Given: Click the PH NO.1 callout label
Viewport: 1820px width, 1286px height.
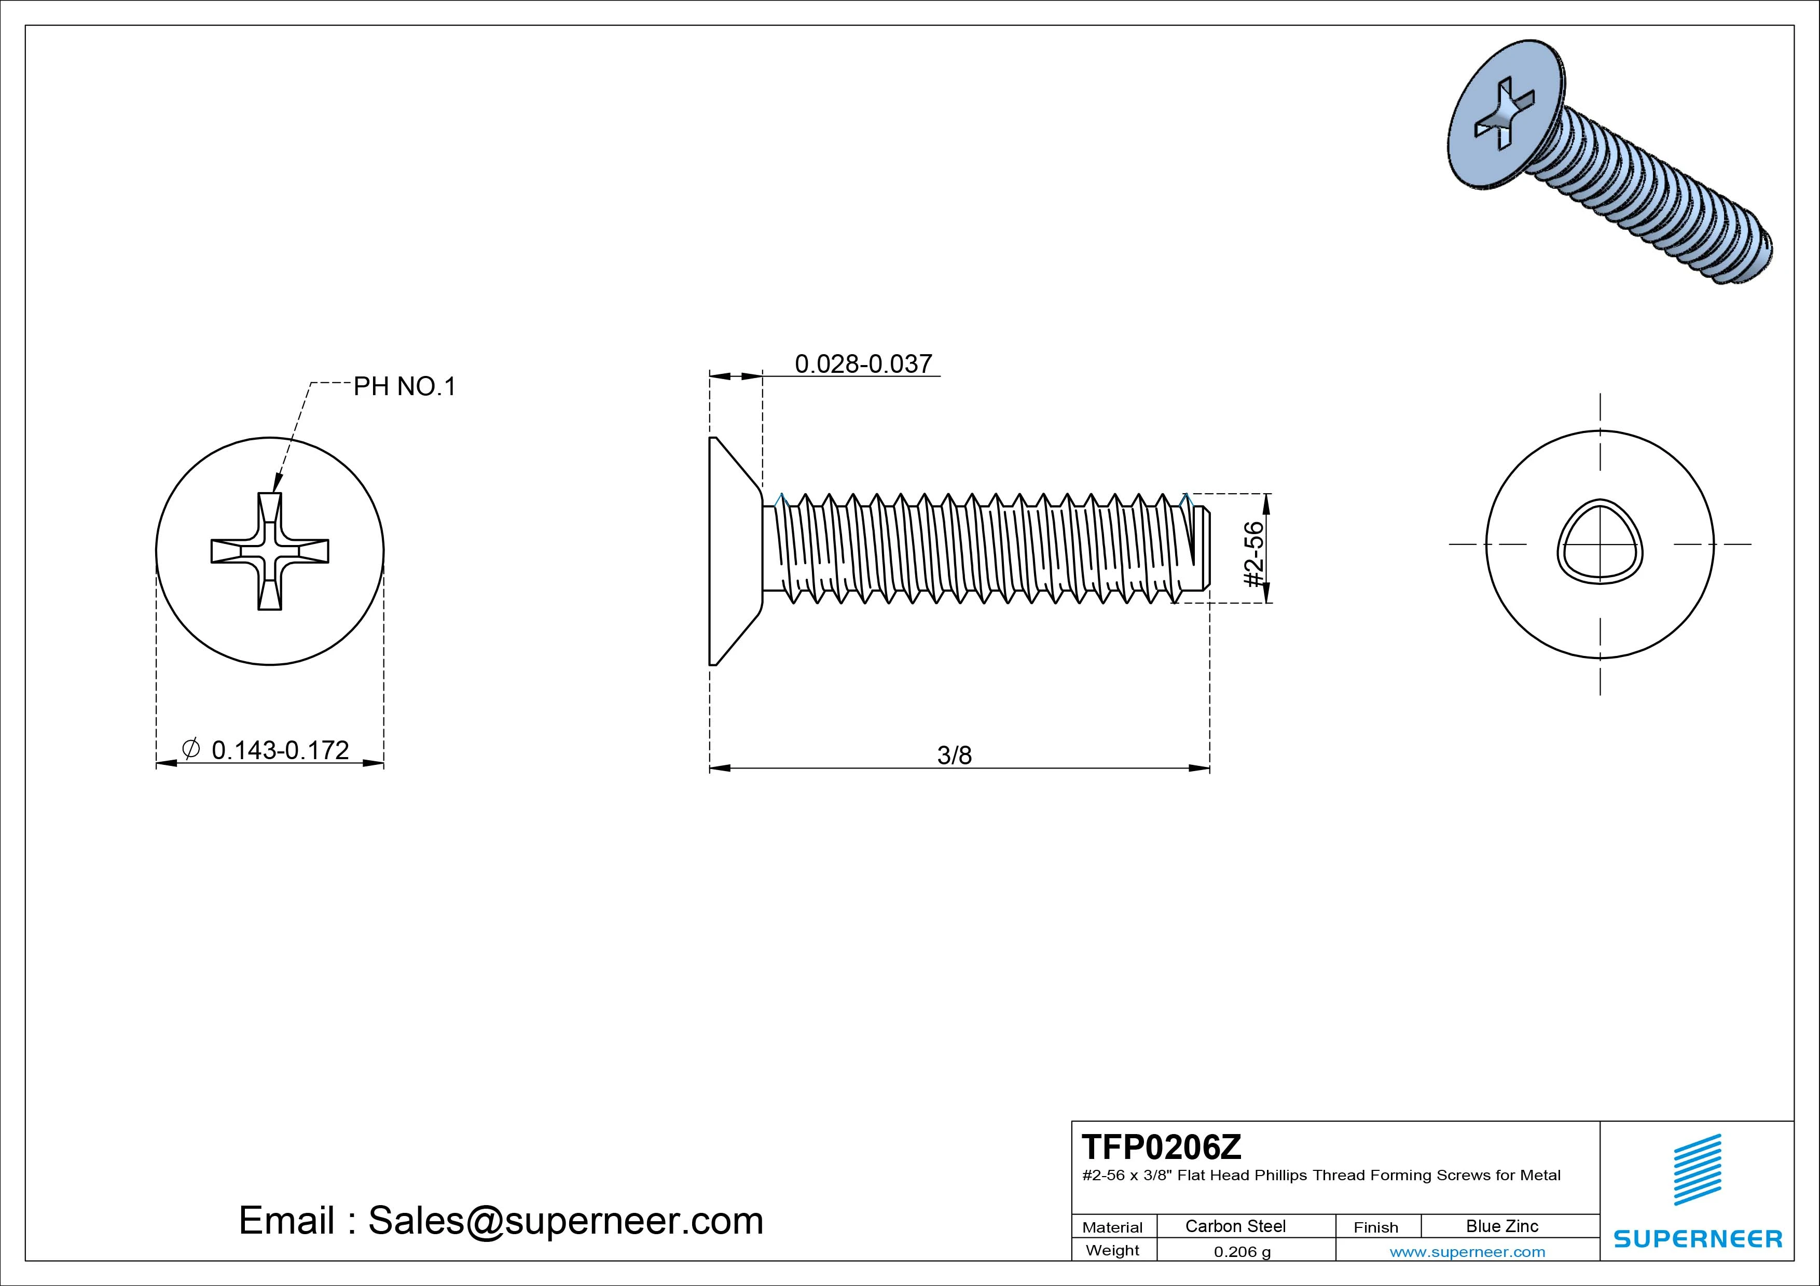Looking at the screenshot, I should [404, 387].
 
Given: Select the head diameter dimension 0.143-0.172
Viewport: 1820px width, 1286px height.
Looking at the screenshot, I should [280, 750].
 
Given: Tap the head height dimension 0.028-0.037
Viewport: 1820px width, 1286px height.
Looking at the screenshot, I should [863, 364].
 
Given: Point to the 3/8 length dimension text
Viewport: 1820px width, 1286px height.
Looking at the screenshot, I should [955, 755].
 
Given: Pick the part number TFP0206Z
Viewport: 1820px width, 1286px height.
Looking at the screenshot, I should [1161, 1147].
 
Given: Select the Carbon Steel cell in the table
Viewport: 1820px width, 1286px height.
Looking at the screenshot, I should [1235, 1226].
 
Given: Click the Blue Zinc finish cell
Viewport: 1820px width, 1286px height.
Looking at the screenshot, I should [1501, 1226].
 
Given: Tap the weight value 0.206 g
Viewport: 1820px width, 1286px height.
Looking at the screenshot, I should [1242, 1252].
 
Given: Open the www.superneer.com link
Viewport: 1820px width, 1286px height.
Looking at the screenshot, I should [1467, 1252].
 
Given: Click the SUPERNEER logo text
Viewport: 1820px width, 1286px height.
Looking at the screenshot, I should [1697, 1238].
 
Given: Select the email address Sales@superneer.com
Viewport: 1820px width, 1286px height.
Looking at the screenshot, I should [565, 1220].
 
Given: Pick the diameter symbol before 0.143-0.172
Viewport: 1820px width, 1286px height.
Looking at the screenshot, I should [190, 749].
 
